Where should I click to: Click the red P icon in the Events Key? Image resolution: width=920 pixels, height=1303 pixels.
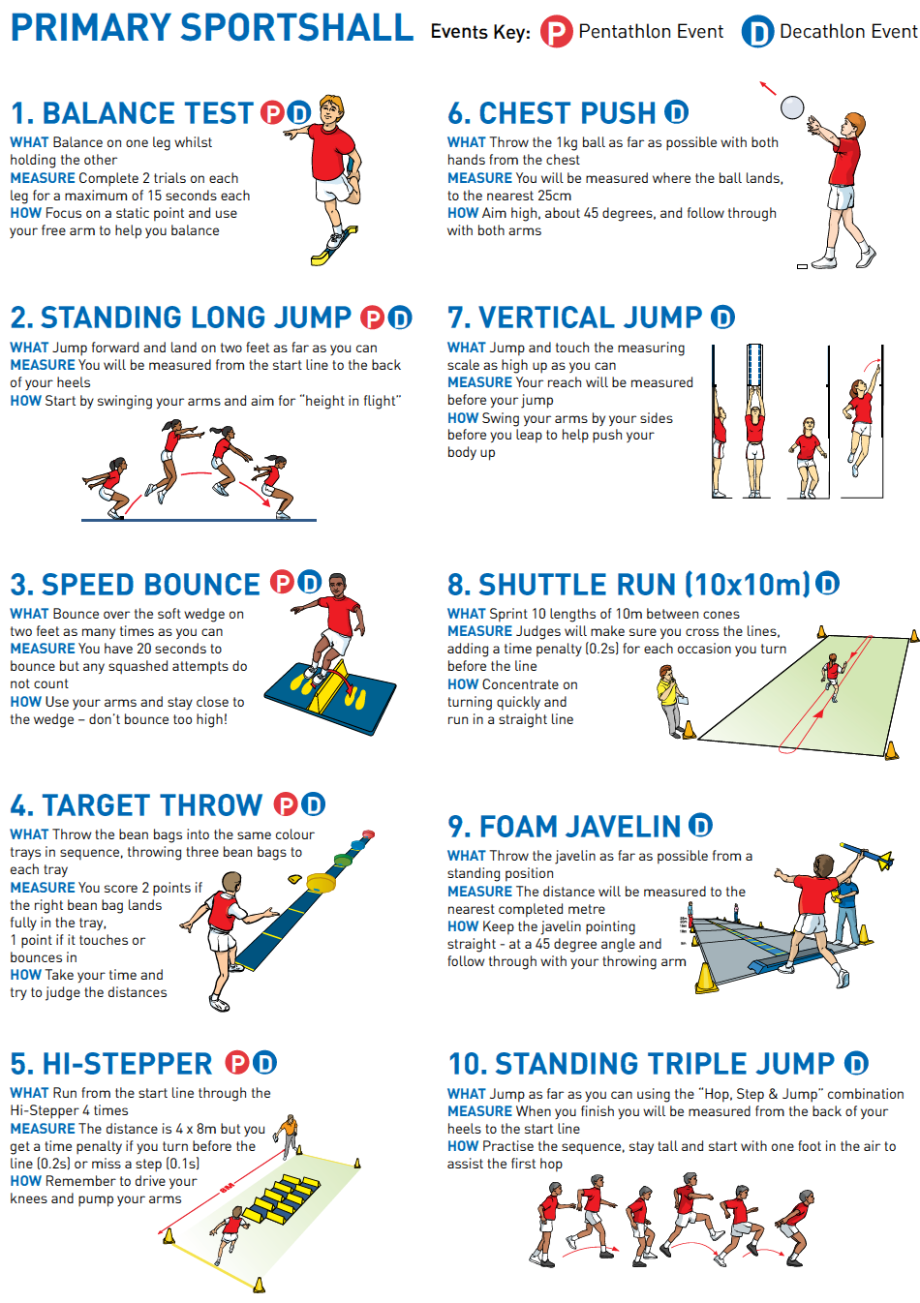pyautogui.click(x=556, y=31)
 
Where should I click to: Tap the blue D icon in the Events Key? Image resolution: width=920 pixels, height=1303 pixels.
pyautogui.click(x=757, y=31)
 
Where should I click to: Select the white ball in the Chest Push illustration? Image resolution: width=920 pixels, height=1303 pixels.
pyautogui.click(x=791, y=107)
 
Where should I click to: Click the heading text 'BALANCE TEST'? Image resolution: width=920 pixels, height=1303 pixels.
pyautogui.click(x=148, y=113)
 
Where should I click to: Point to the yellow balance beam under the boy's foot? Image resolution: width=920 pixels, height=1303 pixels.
pyautogui.click(x=334, y=246)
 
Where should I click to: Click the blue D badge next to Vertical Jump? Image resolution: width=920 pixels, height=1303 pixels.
pyautogui.click(x=722, y=318)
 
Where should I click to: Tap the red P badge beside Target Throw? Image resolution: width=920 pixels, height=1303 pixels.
pyautogui.click(x=286, y=804)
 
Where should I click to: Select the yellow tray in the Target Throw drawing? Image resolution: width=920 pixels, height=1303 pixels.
pyautogui.click(x=322, y=883)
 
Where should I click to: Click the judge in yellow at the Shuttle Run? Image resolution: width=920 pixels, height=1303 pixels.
pyautogui.click(x=673, y=702)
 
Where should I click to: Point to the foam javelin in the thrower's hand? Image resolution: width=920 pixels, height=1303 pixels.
pyautogui.click(x=867, y=856)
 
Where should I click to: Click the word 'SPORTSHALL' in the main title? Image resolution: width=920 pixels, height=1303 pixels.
pyautogui.click(x=296, y=28)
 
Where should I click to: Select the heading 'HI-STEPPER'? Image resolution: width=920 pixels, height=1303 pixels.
pyautogui.click(x=127, y=1064)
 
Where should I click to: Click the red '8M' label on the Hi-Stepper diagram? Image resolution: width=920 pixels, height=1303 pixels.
pyautogui.click(x=227, y=1187)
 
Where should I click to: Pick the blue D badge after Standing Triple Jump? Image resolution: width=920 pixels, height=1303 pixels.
pyautogui.click(x=856, y=1063)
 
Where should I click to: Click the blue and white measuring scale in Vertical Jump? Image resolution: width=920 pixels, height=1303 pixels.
pyautogui.click(x=754, y=365)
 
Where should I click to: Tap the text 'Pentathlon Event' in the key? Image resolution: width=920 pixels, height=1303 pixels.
pyautogui.click(x=651, y=31)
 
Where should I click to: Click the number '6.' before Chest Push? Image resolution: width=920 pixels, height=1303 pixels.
pyautogui.click(x=460, y=113)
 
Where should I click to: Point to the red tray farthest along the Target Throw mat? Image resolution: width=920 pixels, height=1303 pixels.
pyautogui.click(x=368, y=834)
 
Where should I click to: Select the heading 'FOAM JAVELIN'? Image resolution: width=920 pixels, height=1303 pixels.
pyautogui.click(x=579, y=827)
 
